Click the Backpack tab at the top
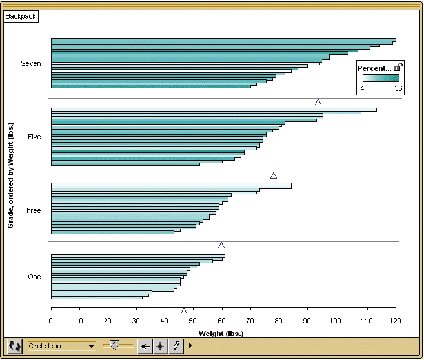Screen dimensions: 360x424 click(21, 16)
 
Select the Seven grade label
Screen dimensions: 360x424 click(30, 63)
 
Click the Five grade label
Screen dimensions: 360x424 click(34, 137)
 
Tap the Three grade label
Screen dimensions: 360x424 click(32, 210)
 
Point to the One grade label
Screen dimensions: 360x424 click(34, 277)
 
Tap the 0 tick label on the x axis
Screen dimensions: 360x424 click(51, 321)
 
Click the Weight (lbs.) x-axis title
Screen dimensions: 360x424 click(221, 334)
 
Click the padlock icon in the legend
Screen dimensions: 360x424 click(399, 67)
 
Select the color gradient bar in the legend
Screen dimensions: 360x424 click(379, 79)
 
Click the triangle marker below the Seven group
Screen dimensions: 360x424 click(318, 102)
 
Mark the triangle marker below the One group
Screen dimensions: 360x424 click(184, 311)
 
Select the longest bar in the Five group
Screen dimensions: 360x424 click(213, 110)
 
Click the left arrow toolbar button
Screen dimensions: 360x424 click(145, 346)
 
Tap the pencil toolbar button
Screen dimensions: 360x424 click(175, 346)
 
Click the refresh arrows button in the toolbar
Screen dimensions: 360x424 click(15, 346)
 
